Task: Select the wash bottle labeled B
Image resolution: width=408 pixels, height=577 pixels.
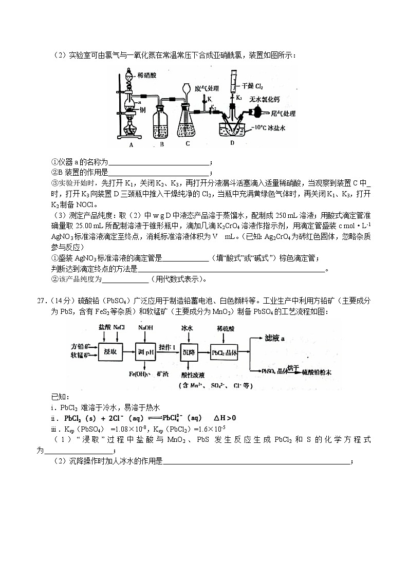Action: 162,123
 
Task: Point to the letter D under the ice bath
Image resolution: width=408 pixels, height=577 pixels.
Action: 232,143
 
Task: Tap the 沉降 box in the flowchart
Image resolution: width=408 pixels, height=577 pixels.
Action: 190,352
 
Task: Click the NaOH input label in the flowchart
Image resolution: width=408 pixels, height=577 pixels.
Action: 145,327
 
